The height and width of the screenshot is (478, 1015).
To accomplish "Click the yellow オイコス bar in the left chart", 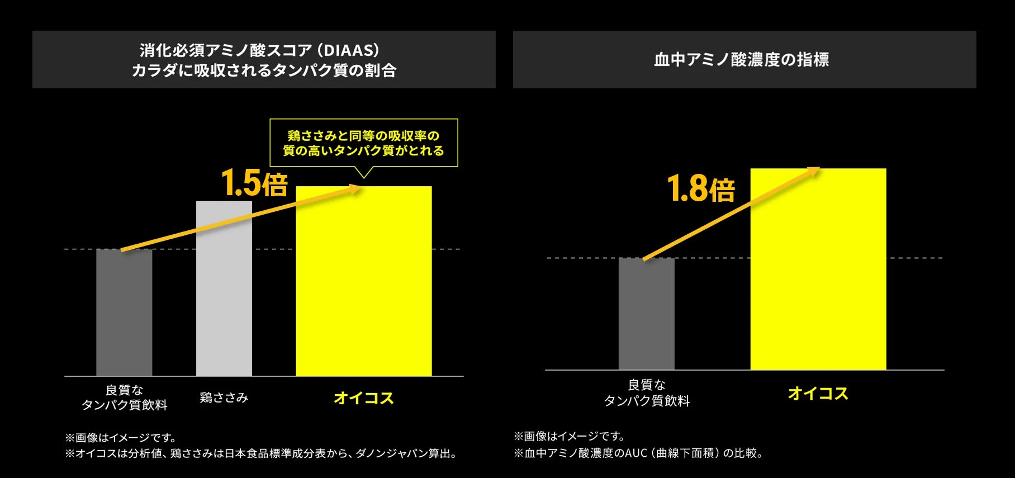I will pyautogui.click(x=363, y=291).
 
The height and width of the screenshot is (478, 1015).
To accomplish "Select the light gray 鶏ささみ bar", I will pyautogui.click(x=224, y=302).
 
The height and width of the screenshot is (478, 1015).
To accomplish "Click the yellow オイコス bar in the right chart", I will pyautogui.click(x=818, y=280).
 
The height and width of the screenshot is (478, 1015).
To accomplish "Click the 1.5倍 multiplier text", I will pyautogui.click(x=254, y=183).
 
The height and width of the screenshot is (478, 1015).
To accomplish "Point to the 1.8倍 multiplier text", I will pyautogui.click(x=701, y=188).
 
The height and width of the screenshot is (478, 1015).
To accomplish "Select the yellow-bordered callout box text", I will pyautogui.click(x=363, y=143).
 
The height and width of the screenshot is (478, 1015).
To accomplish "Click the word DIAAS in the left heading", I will pyautogui.click(x=350, y=50).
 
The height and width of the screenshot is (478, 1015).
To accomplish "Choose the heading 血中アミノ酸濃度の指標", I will pyautogui.click(x=741, y=59).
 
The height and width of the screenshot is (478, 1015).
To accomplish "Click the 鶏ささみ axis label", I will pyautogui.click(x=224, y=397).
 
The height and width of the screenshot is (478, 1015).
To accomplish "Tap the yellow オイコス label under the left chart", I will pyautogui.click(x=363, y=398).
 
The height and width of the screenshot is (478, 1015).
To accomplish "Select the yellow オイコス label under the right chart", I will pyautogui.click(x=818, y=394).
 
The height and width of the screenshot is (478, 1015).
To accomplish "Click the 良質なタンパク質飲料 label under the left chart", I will pyautogui.click(x=124, y=397).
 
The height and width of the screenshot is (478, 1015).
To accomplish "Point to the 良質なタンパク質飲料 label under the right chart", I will pyautogui.click(x=647, y=392).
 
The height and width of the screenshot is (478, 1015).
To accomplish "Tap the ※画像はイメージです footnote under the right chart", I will pyautogui.click(x=569, y=436).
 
